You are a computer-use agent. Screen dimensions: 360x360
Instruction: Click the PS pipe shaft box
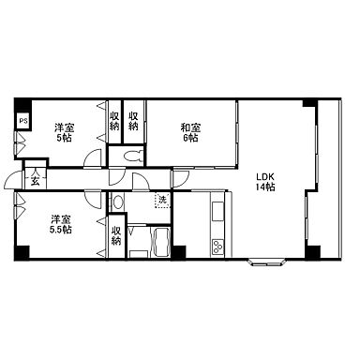pyautogui.click(x=22, y=121)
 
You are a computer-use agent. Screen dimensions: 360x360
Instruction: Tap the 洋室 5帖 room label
pyautogui.click(x=64, y=132)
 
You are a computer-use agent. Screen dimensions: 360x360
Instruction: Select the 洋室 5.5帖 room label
pyautogui.click(x=61, y=224)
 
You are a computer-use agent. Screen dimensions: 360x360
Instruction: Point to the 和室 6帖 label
pyautogui.click(x=190, y=132)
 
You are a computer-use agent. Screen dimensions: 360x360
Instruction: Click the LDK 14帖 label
pyautogui.click(x=265, y=182)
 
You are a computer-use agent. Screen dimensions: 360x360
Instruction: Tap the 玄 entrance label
pyautogui.click(x=36, y=182)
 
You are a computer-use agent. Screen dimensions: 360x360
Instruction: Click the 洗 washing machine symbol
pyautogui.click(x=162, y=200)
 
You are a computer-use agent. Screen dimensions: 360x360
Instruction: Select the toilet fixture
pyautogui.click(x=134, y=156)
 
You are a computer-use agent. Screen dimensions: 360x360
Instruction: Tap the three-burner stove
pyautogui.click(x=217, y=247)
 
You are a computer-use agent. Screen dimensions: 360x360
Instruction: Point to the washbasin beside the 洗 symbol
pyautogui.click(x=118, y=202)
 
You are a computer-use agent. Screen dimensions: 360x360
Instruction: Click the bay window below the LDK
pyautogui.click(x=266, y=262)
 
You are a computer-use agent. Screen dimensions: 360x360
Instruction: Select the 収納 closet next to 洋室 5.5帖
pyautogui.click(x=116, y=236)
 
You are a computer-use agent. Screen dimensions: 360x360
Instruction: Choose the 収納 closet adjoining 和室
pyautogui.click(x=134, y=121)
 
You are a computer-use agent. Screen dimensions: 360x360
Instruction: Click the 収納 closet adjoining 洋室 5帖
pyautogui.click(x=114, y=121)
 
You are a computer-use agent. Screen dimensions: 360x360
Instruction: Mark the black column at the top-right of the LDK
pyautogui.click(x=310, y=103)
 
